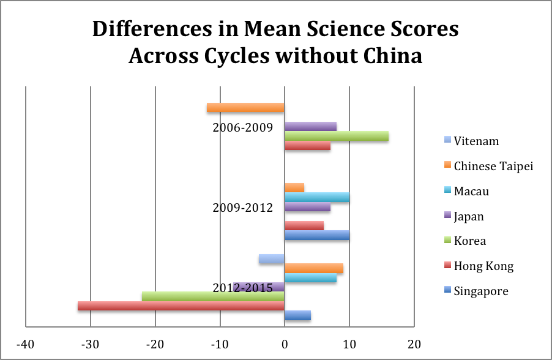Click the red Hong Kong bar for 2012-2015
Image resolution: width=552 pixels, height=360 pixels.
(x=181, y=306)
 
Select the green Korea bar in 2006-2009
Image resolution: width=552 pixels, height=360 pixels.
(x=336, y=136)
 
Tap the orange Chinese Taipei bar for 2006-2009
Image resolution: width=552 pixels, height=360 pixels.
(x=245, y=108)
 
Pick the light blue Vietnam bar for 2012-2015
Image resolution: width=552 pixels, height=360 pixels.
(x=272, y=258)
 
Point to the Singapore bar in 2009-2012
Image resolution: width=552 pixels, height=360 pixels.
(x=316, y=235)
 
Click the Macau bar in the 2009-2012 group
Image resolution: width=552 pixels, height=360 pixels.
(x=316, y=197)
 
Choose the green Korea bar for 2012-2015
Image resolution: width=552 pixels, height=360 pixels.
(x=213, y=296)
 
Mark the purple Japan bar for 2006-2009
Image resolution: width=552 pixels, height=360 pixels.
(x=310, y=127)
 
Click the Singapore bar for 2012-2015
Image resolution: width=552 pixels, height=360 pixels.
(x=297, y=315)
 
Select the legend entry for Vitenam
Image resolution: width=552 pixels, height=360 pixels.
(x=476, y=141)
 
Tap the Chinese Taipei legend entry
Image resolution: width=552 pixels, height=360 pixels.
(x=493, y=167)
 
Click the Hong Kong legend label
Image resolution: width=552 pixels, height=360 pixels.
(x=483, y=266)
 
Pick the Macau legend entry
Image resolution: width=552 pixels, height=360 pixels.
(x=471, y=192)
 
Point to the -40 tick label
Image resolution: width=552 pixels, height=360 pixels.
(x=25, y=344)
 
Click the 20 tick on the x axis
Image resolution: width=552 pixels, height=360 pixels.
(x=414, y=344)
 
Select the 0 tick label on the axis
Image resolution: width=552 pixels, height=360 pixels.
(x=285, y=344)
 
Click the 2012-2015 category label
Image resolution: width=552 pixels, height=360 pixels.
(x=242, y=288)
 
